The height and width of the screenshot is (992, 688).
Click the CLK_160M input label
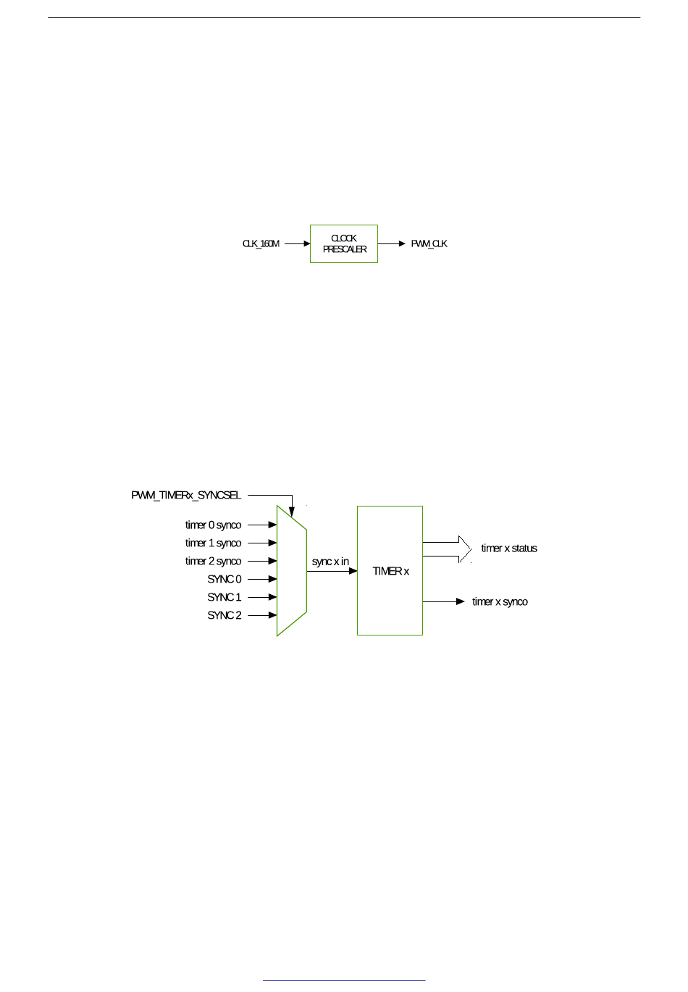point(261,244)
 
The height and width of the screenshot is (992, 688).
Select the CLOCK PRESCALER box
point(344,244)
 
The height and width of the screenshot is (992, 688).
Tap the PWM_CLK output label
point(429,244)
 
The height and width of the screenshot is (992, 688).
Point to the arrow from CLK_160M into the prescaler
point(297,244)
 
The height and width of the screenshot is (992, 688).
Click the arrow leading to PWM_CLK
point(392,244)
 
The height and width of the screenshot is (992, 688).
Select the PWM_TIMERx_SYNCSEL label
point(186,496)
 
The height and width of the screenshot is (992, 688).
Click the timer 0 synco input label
point(213,525)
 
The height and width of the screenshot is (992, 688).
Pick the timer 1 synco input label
point(213,543)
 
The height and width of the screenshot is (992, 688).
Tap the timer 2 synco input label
point(213,562)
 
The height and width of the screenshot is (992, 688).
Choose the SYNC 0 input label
point(225,580)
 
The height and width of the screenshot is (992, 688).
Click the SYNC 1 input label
point(225,598)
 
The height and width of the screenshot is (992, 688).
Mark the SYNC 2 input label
point(225,616)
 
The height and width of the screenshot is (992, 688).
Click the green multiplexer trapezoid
point(291,571)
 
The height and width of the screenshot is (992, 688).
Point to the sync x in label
point(330,562)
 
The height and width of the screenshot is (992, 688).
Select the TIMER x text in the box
point(390,572)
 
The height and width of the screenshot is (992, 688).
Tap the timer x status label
point(509,549)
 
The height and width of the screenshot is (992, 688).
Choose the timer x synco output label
point(500,602)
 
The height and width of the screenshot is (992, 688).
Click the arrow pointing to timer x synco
point(444,602)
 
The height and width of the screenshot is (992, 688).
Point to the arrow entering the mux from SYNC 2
point(262,616)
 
